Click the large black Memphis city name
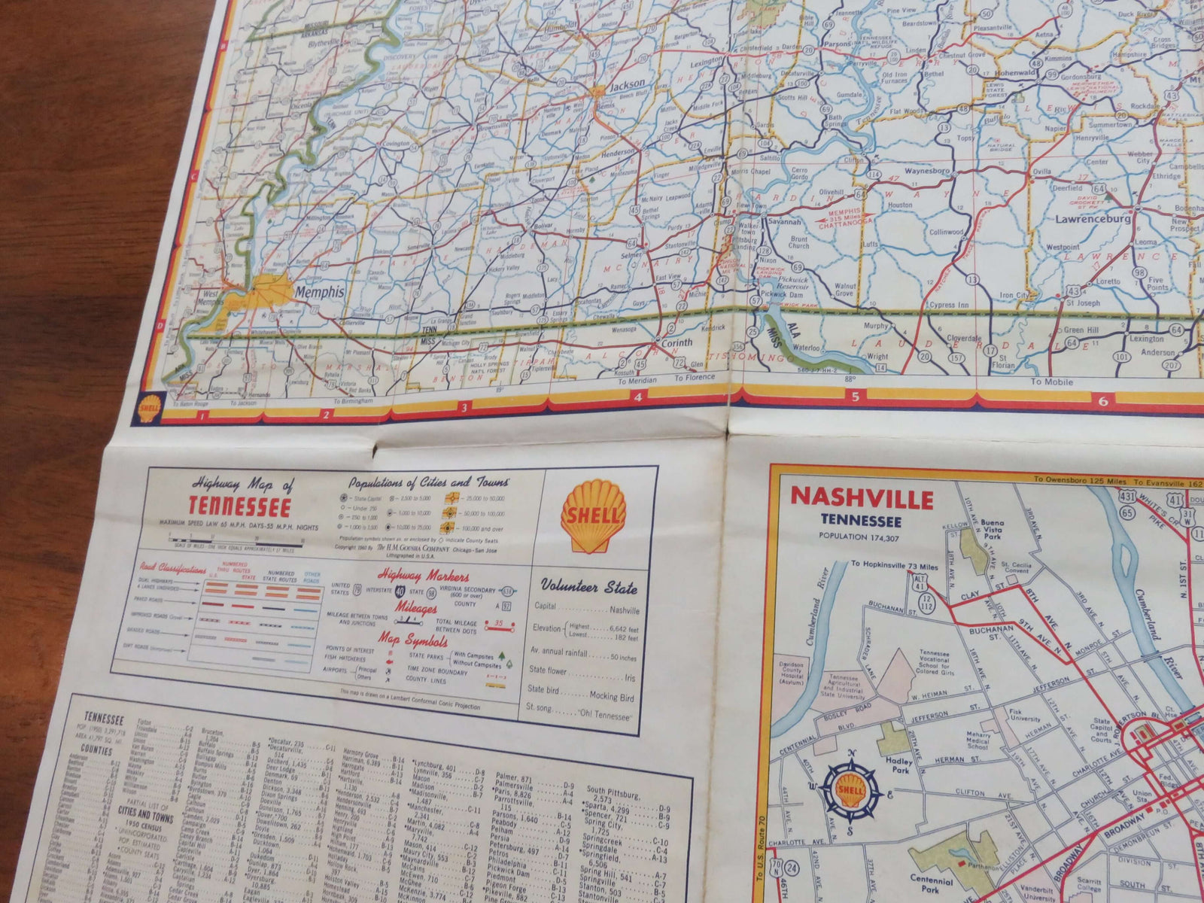[320, 291]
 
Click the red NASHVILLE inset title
[862, 499]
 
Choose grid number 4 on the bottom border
[637, 398]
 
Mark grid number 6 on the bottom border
[1102, 401]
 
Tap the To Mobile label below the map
[1052, 382]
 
